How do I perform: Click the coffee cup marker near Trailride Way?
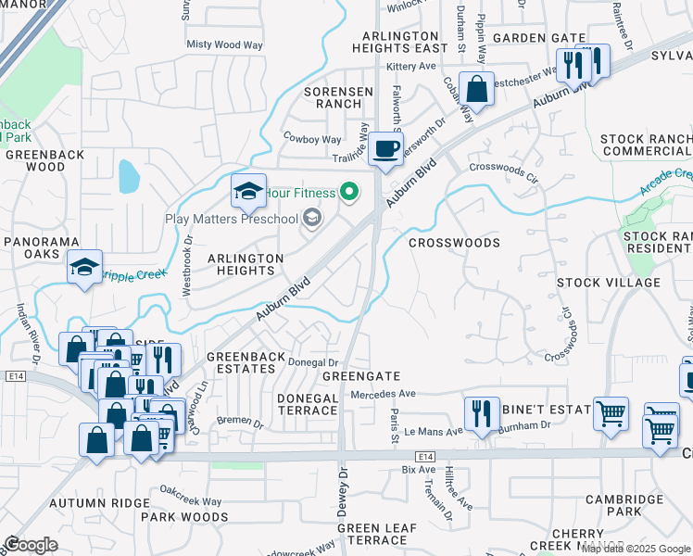point(386,147)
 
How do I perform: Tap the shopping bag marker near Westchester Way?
point(476,89)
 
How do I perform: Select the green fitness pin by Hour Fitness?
point(348,193)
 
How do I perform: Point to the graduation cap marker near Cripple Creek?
point(84,268)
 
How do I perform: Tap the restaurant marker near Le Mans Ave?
point(480,412)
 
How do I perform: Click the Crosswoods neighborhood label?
point(454,243)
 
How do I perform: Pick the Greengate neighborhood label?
point(360,376)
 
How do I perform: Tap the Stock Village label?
point(608,282)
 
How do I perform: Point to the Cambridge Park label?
point(625,505)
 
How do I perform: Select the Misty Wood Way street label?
point(225,44)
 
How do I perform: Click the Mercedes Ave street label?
point(384,394)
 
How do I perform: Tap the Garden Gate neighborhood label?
point(538,38)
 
